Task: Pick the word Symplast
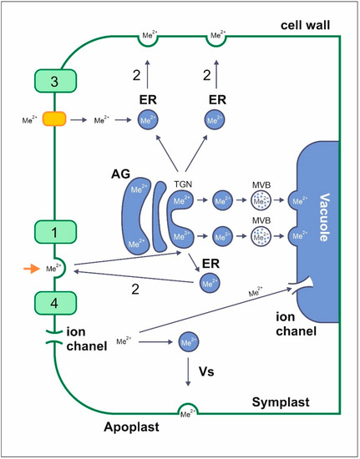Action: (x=280, y=403)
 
